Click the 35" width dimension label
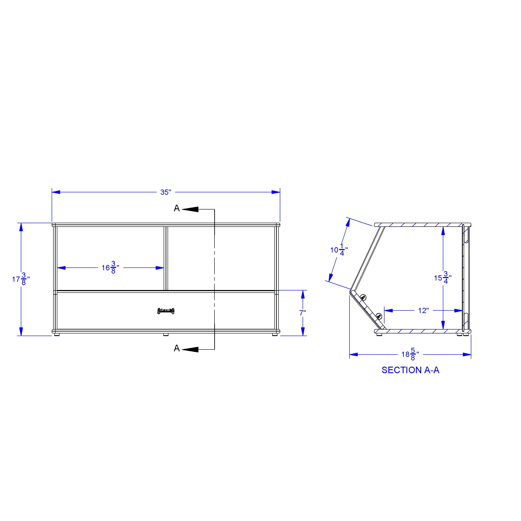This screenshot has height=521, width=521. [x=166, y=192]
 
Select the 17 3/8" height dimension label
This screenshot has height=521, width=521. [x=21, y=279]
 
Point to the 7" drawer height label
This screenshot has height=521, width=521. [x=303, y=313]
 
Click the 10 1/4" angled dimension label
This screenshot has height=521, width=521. [x=339, y=250]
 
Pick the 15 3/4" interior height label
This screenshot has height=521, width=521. [x=443, y=278]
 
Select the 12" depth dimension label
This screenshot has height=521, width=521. [x=423, y=311]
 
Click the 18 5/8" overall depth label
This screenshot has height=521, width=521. [x=410, y=354]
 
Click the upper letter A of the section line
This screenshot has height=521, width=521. [x=177, y=208]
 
